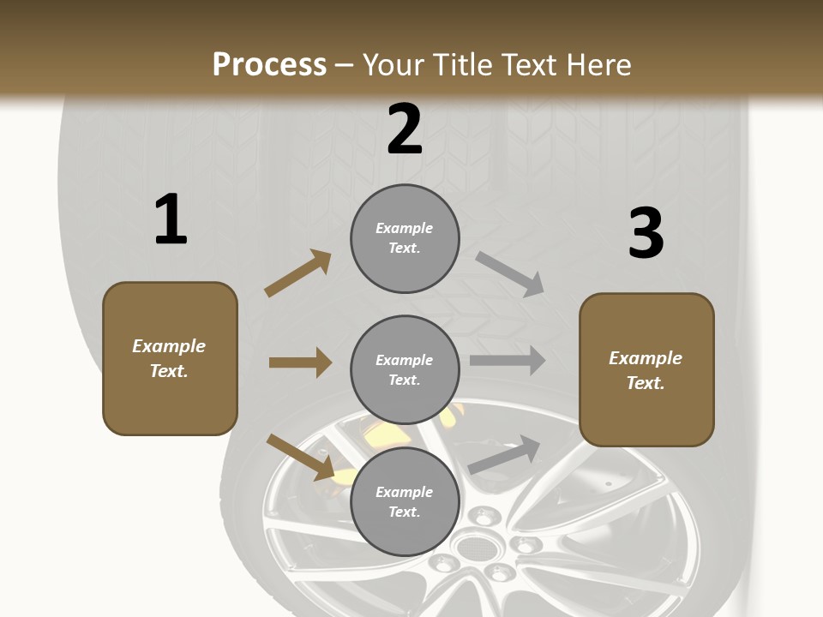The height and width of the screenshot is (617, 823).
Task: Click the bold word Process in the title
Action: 269,64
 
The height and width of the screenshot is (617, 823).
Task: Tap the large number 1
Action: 171,219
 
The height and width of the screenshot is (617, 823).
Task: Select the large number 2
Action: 405,129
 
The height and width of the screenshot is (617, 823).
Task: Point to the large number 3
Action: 646,234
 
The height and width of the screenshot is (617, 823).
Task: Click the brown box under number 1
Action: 170,358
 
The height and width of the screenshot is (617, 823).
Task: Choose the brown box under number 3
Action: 646,369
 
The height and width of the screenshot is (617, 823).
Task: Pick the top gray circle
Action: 405,238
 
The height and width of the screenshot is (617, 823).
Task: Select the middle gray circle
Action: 405,369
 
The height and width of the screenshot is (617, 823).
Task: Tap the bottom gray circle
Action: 405,501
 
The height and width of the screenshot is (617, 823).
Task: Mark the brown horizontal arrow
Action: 300,362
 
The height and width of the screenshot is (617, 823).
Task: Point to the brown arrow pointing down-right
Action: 301,457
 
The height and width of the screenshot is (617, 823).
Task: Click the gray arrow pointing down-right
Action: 510,274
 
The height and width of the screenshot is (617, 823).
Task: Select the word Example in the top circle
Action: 405,228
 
